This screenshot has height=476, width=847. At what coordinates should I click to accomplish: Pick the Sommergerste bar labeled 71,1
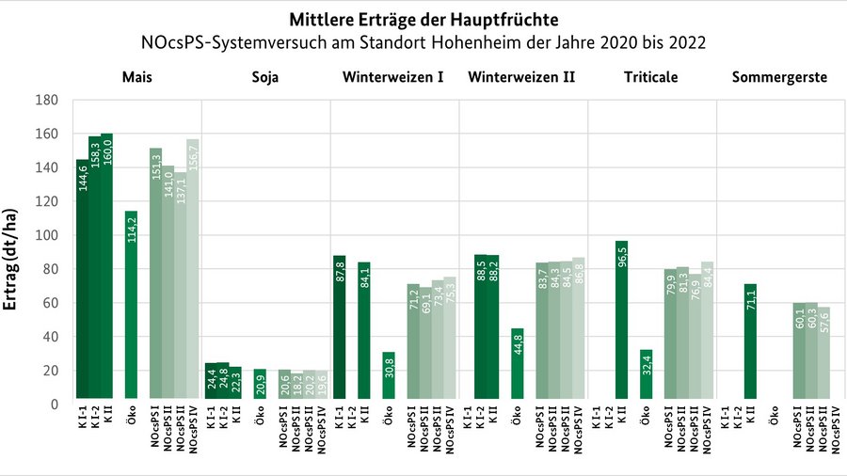(x=750, y=343)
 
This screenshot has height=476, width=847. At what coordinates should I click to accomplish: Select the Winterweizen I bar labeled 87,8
(x=340, y=329)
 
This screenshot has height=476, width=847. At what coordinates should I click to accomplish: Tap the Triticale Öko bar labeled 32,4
(x=646, y=376)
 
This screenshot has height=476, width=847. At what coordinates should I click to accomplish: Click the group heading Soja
(x=265, y=76)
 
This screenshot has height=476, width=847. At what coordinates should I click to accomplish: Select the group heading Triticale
(x=652, y=76)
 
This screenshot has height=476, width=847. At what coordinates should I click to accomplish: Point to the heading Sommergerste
(x=780, y=76)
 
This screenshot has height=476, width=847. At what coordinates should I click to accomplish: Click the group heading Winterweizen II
(x=520, y=76)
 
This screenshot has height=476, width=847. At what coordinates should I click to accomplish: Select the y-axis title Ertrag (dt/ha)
(x=12, y=251)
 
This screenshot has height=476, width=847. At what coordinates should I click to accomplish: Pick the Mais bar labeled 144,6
(x=82, y=281)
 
